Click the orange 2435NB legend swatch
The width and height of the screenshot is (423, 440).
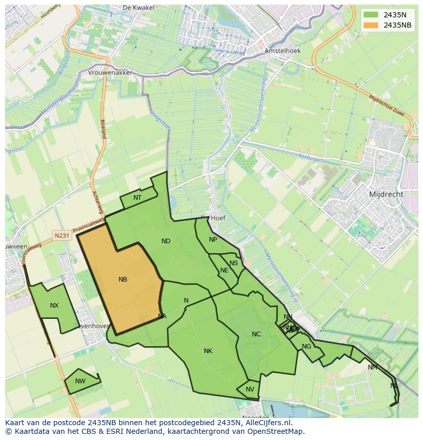pyautogui.click(x=371, y=25)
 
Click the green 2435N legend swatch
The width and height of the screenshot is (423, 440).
pyautogui.click(x=371, y=15)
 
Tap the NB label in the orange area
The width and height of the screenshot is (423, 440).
pyautogui.click(x=123, y=280)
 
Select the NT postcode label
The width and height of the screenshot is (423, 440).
pyautogui.click(x=137, y=198)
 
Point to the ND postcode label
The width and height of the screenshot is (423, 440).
pyautogui.click(x=166, y=241)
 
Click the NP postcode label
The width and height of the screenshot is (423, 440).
pyautogui.click(x=213, y=240)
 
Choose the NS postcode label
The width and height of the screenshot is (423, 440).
pyautogui.click(x=233, y=263)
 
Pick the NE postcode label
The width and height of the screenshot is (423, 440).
pyautogui.click(x=224, y=270)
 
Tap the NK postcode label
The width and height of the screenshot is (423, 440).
pyautogui.click(x=208, y=351)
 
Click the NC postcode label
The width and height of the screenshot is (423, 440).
pyautogui.click(x=256, y=334)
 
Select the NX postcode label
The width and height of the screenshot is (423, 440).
pyautogui.click(x=54, y=306)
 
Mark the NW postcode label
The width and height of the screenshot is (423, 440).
pyautogui.click(x=80, y=381)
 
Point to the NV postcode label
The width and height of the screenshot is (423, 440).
pyautogui.click(x=250, y=389)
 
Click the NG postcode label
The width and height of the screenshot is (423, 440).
pyautogui.click(x=307, y=346)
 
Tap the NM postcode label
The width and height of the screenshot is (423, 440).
pyautogui.click(x=372, y=367)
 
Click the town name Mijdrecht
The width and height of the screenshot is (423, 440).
pyautogui.click(x=386, y=194)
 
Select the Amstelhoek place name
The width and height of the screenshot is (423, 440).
pyautogui.click(x=283, y=51)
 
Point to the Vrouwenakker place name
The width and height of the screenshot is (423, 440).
pyautogui.click(x=110, y=73)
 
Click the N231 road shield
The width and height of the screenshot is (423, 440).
pyautogui.click(x=61, y=236)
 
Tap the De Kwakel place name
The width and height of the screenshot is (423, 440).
pyautogui.click(x=135, y=8)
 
